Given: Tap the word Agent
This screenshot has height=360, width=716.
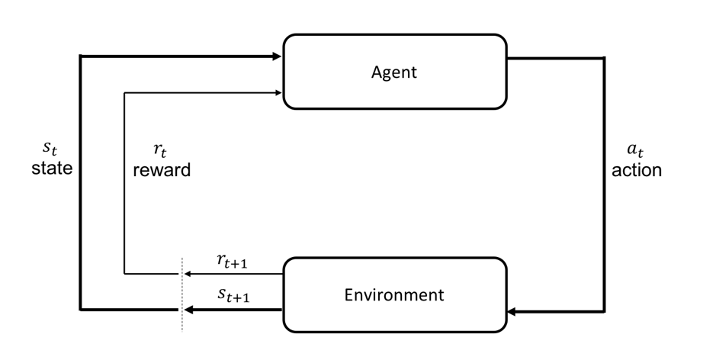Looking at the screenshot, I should pos(394,72).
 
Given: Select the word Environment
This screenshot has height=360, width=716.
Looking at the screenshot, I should pos(393,294).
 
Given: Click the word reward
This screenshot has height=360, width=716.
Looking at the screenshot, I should pos(162,169).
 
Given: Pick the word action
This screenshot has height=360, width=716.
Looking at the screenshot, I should pos(637,170).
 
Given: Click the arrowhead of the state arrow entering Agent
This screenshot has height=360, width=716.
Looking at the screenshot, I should pos(278,56).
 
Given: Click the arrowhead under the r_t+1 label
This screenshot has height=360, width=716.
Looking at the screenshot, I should pos(188,274).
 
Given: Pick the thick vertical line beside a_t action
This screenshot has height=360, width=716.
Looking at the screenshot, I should pos(605,183).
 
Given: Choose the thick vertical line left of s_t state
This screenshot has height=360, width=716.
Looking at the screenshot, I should pos(80,229).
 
